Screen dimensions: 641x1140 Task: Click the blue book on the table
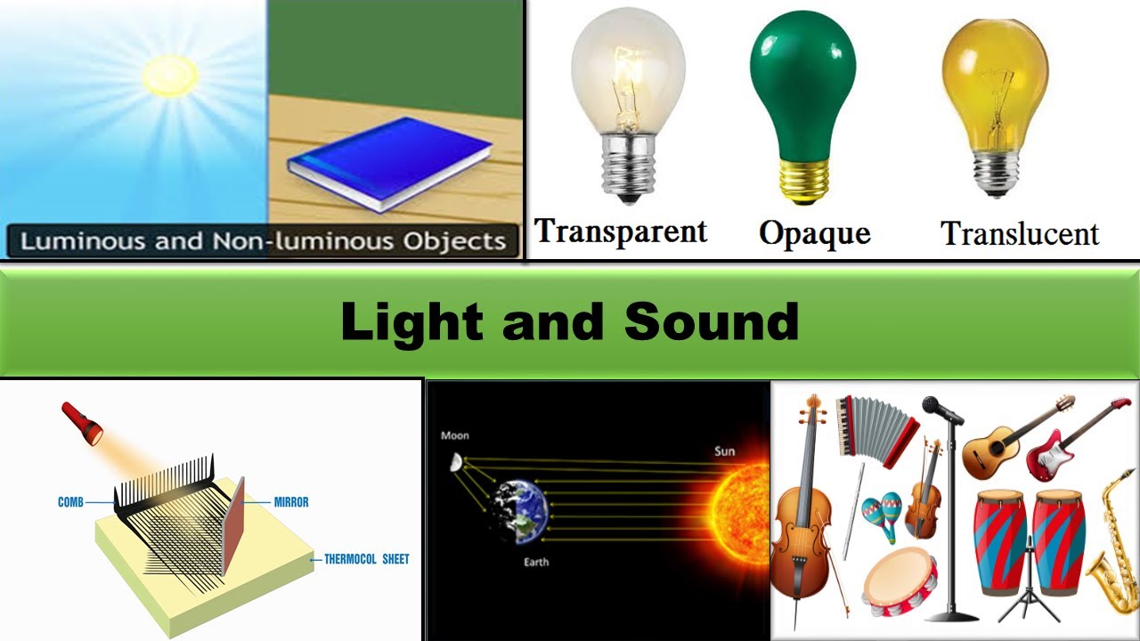390,162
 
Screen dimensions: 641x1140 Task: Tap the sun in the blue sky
169,76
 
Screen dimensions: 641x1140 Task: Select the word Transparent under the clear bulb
621,231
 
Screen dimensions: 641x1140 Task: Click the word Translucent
1020,233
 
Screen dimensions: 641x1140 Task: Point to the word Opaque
814,233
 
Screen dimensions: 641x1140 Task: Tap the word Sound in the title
711,321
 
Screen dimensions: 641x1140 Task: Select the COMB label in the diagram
70,502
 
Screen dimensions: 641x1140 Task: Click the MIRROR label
291,502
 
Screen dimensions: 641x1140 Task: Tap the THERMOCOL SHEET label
366,559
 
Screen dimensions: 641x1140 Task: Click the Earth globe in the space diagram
520,512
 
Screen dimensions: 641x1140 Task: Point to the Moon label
454,435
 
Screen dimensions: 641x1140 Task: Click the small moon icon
456,462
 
